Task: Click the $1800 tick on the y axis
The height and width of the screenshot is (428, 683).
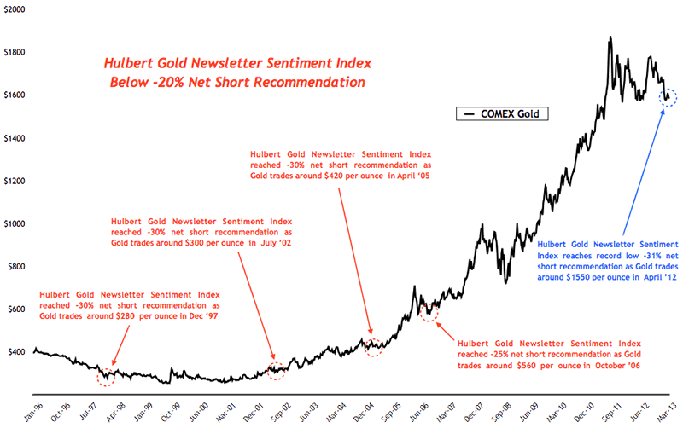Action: coord(15,52)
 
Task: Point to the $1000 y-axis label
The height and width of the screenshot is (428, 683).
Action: coord(15,223)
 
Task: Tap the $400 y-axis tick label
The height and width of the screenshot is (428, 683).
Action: coord(16,352)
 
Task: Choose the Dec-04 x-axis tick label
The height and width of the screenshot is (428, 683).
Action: coord(367,408)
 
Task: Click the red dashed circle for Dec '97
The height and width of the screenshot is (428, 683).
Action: coord(105,375)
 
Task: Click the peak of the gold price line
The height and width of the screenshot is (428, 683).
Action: coord(610,38)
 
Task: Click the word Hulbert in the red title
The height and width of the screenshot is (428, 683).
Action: coord(127,64)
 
